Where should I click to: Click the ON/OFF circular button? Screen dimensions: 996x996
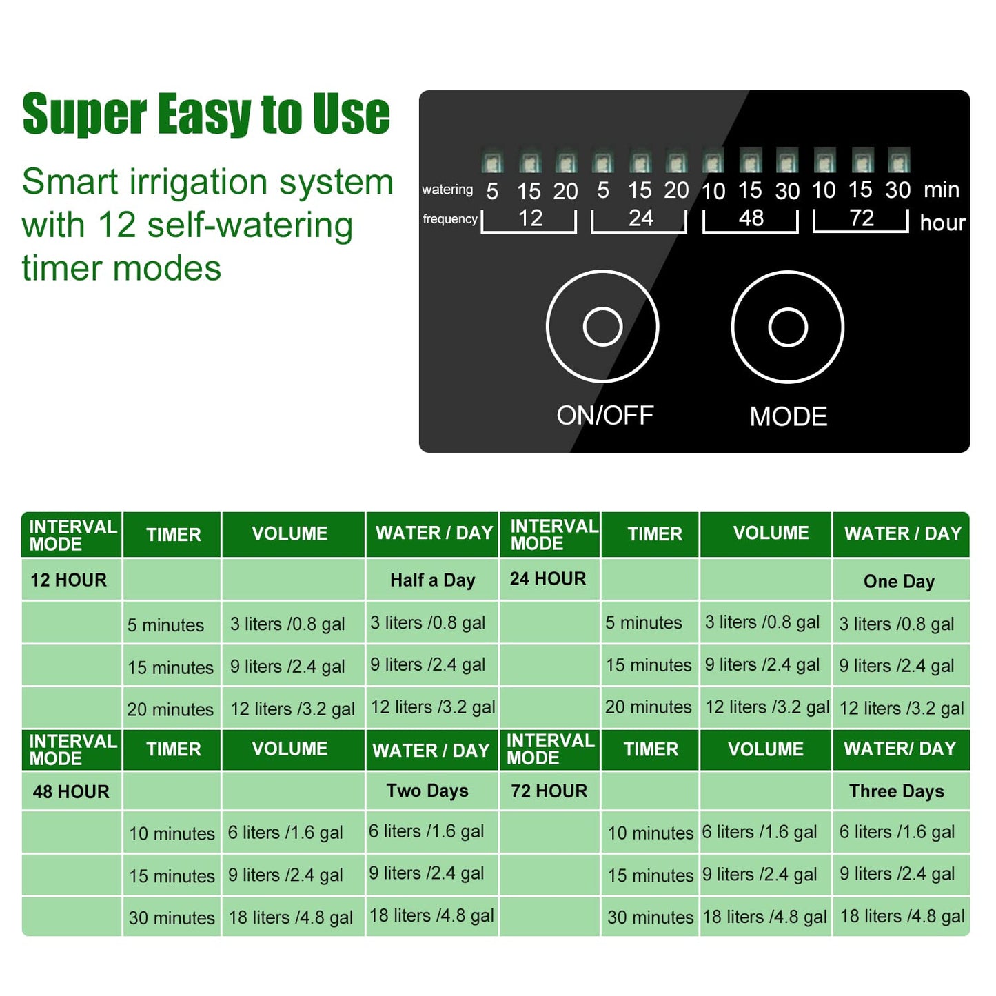[x=602, y=327]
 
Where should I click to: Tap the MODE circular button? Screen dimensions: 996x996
[x=787, y=327]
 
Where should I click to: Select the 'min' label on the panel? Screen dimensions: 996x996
[x=941, y=190]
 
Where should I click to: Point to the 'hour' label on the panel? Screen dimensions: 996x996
[x=942, y=223]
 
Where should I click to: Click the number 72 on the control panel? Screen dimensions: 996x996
[x=861, y=218]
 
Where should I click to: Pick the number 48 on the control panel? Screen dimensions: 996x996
[x=751, y=218]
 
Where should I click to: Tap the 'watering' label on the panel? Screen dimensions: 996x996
[x=447, y=190]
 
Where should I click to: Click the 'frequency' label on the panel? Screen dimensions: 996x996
[x=449, y=219]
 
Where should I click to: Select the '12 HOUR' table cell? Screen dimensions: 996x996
[x=69, y=580]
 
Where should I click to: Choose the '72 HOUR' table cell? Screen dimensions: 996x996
[x=549, y=791]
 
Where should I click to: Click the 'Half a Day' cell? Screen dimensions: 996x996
[x=432, y=580]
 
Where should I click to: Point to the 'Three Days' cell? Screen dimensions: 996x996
[x=896, y=791]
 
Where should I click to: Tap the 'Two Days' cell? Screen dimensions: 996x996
[x=427, y=791]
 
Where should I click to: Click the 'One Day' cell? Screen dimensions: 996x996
[x=899, y=582]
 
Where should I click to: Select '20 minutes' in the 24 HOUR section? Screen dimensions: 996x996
[x=648, y=707]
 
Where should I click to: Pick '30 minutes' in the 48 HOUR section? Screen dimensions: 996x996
[x=172, y=918]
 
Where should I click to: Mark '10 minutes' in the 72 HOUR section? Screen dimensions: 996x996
[x=650, y=833]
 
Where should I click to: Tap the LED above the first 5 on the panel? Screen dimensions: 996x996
[x=492, y=162]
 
